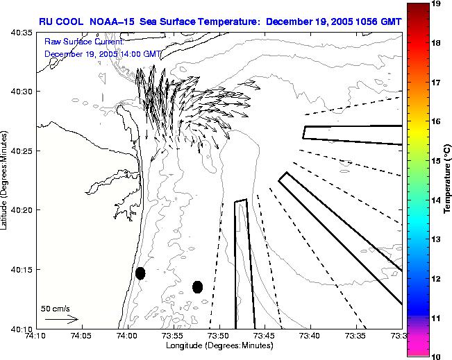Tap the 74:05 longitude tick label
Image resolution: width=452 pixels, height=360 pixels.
tap(81, 336)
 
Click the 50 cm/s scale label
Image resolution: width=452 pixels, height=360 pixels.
tap(55, 308)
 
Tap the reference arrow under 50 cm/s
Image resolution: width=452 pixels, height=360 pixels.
tap(61, 320)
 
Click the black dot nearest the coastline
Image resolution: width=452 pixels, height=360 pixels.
tap(140, 273)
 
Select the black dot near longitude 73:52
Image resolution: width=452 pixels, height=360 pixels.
tap(197, 286)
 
